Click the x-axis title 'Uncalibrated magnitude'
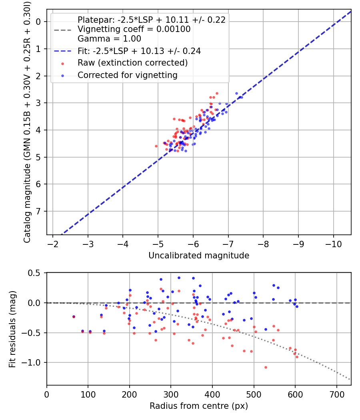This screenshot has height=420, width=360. tap(199, 255)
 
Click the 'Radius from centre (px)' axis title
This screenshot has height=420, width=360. tap(199, 406)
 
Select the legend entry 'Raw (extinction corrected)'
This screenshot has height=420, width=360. tap(132, 63)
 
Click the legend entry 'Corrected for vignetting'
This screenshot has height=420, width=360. tap(127, 75)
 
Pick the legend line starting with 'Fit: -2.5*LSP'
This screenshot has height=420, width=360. tap(139, 51)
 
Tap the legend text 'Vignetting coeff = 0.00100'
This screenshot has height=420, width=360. tap(134, 29)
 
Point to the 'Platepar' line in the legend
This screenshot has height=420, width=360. tap(151, 20)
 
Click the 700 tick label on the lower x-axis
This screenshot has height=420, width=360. tap(336, 394)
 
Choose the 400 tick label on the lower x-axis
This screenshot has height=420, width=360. tap(212, 394)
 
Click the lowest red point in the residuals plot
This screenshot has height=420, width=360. tap(265, 367)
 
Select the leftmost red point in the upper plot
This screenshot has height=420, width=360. tap(156, 146)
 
